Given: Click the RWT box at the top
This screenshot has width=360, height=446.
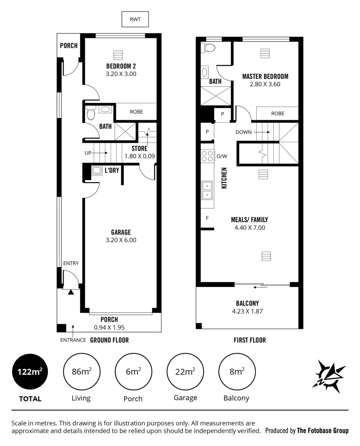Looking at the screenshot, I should point(135,19).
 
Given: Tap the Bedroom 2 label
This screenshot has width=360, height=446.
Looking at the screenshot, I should point(121,66).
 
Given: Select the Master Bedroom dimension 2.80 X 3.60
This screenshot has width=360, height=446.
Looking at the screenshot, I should point(265,84).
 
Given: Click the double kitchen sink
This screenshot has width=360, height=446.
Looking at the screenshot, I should point(207,190).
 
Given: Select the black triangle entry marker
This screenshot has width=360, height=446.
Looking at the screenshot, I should point(71,292).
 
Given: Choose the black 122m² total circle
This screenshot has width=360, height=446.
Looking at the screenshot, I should point(30,372).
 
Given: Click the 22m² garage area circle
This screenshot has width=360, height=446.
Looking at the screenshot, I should point(185,372).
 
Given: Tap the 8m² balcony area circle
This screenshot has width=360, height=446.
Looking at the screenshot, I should point(236,372).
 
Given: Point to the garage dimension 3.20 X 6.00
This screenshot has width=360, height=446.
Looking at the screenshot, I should point(121,240).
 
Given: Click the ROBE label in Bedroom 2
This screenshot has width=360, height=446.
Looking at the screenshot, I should point(136,111).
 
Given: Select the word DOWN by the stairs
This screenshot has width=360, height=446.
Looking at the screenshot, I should point(244,133).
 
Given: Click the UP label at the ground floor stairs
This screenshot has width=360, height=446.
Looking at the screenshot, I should point(88,153).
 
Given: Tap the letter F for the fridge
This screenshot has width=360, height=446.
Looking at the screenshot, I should point(207,218).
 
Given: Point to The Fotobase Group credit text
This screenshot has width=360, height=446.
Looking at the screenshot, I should point(322,431).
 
